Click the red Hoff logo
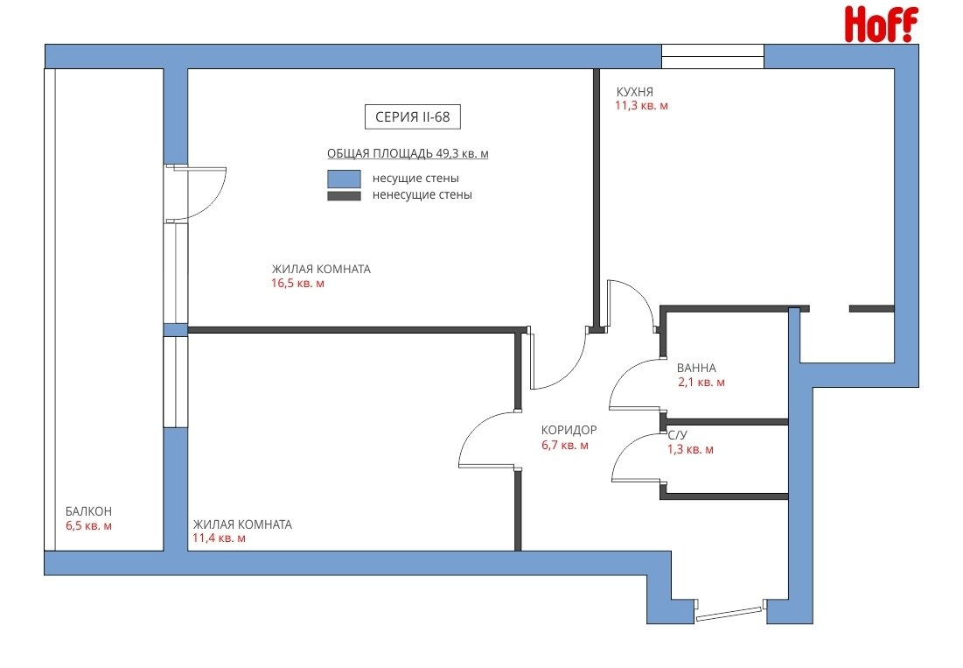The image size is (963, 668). coord(882,24)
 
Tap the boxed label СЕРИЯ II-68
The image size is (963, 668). coord(413,116)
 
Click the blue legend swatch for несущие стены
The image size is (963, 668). coord(344,179)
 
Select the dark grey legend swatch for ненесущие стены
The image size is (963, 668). coord(344,196)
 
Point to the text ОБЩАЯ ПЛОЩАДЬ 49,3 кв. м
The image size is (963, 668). coord(408,153)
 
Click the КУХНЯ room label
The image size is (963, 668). coord(635,92)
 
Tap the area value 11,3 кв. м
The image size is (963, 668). coord(642,106)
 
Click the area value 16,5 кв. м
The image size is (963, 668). coord(298,284)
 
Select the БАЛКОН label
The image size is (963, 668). coord(89,511)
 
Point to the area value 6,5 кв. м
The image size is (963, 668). coord(89,526)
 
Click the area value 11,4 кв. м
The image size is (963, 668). coord(220,538)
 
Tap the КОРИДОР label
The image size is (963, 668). coord(569,430)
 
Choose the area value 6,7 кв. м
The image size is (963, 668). coord(565,445)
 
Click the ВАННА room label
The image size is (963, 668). coord(696,368)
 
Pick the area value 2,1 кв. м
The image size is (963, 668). coord(701,383)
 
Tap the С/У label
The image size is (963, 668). coord(677,435)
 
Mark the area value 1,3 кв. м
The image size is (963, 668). coord(691,450)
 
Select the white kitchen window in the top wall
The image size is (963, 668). coord(713,57)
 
